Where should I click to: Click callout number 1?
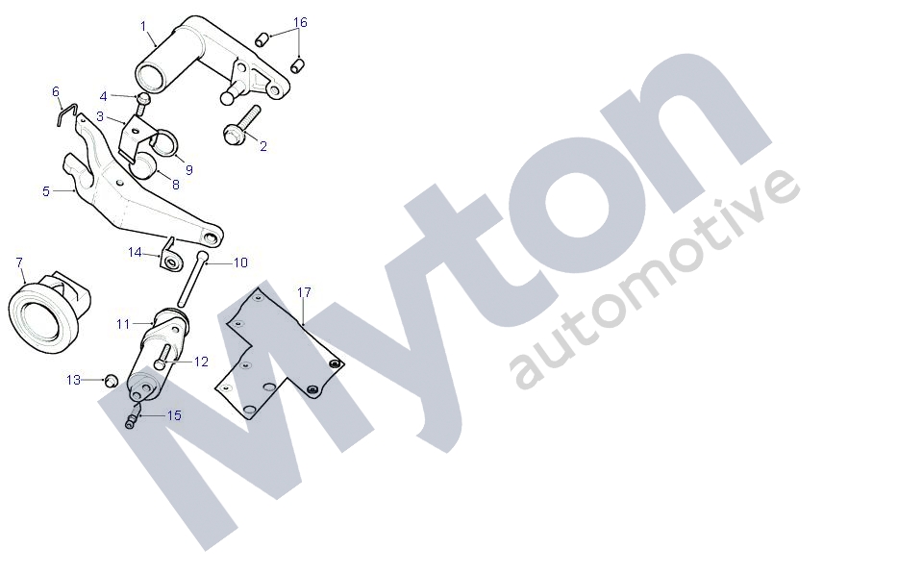point(143,25)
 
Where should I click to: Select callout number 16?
point(300,21)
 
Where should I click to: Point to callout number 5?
point(45,191)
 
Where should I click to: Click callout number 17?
point(304,290)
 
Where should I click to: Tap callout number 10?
point(240,262)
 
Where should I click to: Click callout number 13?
point(74,380)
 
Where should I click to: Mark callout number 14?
point(135,252)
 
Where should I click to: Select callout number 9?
point(188,169)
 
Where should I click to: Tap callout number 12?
point(201,362)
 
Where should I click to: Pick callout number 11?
point(123,324)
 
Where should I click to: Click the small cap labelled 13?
point(111,381)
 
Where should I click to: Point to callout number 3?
point(99,115)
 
